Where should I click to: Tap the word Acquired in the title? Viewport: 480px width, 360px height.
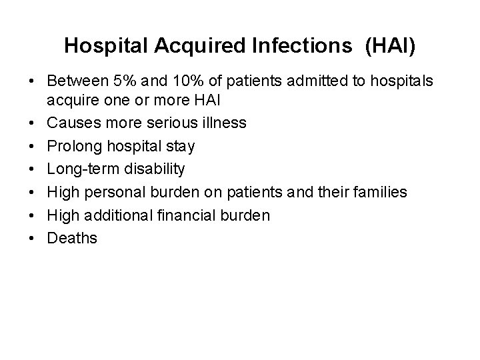point(187,45)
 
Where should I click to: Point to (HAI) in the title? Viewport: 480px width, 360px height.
point(391,45)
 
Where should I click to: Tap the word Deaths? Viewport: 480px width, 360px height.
point(72,238)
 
